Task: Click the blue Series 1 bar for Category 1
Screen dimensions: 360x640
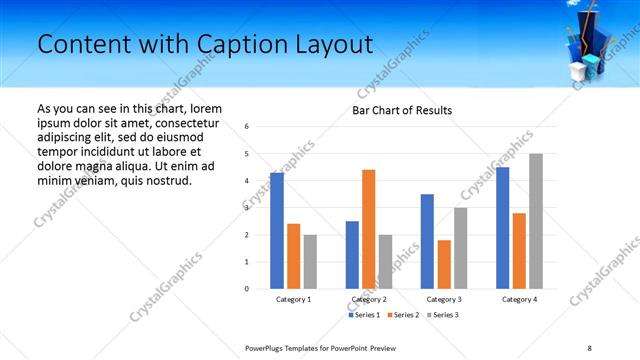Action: (x=277, y=231)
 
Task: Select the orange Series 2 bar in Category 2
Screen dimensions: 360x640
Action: (x=368, y=229)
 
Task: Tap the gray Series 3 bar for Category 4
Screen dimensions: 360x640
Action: (x=536, y=221)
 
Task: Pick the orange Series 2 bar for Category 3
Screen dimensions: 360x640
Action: (x=444, y=264)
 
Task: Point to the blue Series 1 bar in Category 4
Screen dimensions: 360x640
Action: (x=503, y=228)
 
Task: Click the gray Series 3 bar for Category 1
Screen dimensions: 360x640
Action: (x=310, y=262)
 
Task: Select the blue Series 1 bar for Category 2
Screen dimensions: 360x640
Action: (x=352, y=255)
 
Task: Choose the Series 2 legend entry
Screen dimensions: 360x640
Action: (x=403, y=315)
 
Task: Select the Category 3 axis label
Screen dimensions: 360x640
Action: (x=444, y=300)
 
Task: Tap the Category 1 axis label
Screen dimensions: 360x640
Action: (x=293, y=300)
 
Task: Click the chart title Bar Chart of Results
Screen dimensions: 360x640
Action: (x=402, y=110)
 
